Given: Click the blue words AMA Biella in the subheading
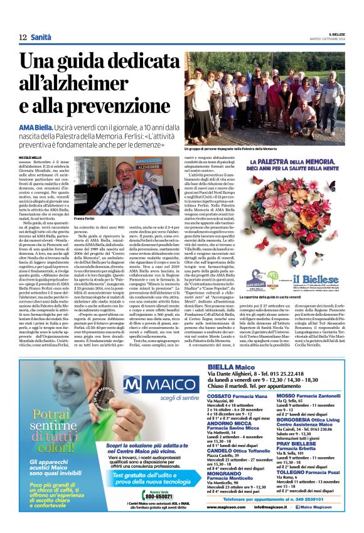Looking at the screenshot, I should [36, 127].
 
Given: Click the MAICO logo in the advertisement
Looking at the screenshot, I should [157, 384].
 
